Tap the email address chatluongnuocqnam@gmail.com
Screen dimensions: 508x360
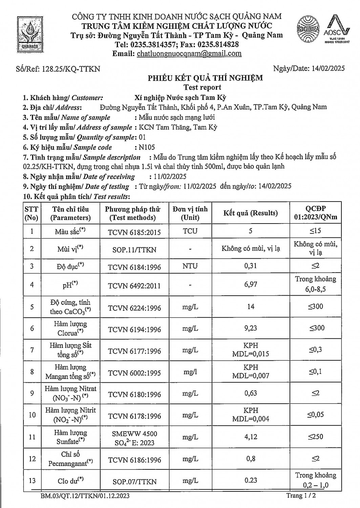click(x=189, y=54)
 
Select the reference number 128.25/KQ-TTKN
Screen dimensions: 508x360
click(x=70, y=69)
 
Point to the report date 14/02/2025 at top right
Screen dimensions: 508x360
click(x=327, y=68)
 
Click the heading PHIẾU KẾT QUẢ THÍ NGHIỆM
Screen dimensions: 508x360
click(x=205, y=78)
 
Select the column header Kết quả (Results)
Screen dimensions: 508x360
click(x=250, y=213)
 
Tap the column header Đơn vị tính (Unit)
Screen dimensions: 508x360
click(x=190, y=213)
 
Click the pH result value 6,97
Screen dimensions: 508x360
click(x=251, y=284)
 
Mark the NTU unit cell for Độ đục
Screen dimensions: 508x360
click(x=190, y=266)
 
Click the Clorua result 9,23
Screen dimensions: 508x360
click(x=251, y=328)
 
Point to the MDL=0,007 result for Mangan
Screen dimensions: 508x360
click(x=251, y=376)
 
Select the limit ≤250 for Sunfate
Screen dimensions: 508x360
click(x=315, y=437)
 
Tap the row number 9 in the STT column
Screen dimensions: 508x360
click(x=32, y=394)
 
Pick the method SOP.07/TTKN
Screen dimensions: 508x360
click(x=134, y=482)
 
